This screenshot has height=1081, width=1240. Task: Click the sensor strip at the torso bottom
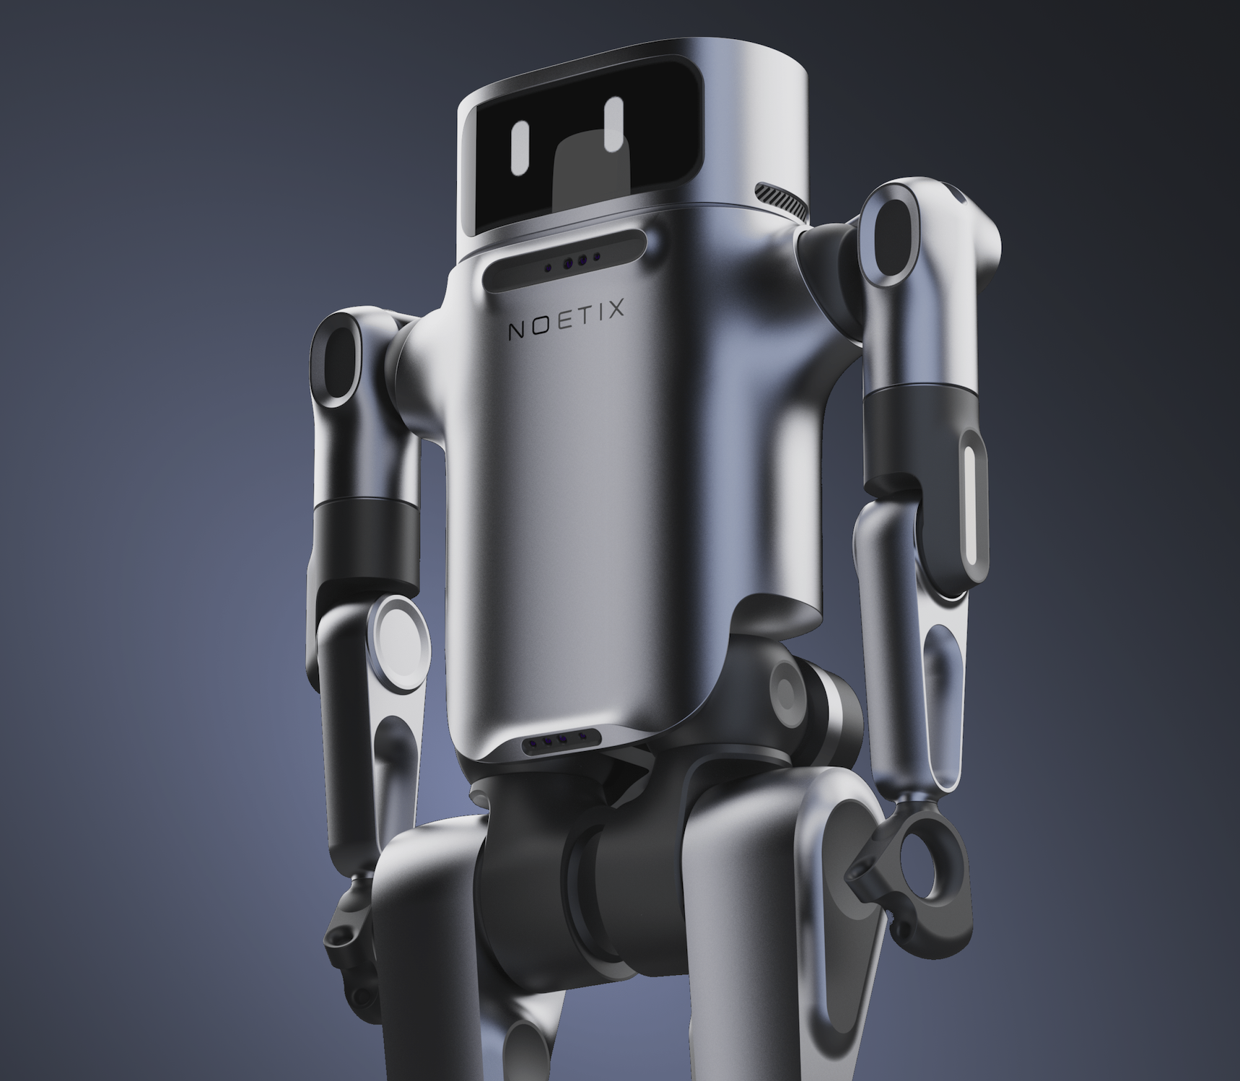pos(560,740)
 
